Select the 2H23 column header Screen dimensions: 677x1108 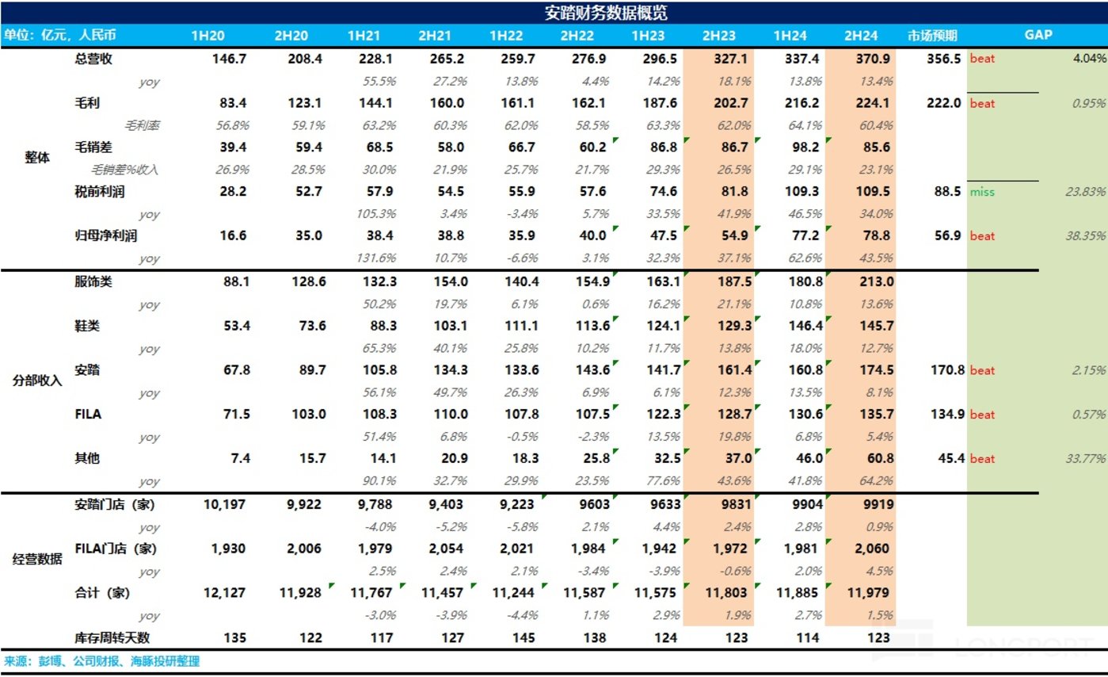718,36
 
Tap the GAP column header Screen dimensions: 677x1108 1038,36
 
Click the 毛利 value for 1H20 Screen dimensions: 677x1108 229,103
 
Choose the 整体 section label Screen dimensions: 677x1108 37,157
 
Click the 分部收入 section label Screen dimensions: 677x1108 37,380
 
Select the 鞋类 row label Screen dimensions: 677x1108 87,325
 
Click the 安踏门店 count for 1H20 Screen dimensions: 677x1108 226,505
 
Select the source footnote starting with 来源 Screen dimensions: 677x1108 102,661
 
